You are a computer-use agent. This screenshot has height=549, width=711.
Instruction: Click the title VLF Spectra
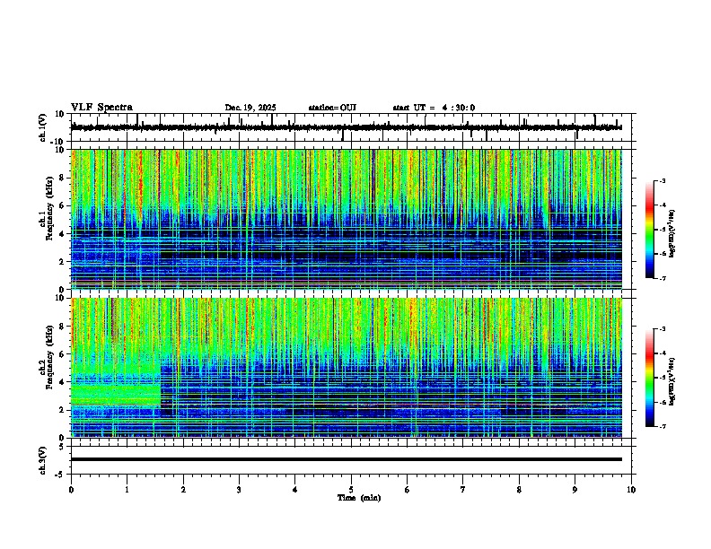101,107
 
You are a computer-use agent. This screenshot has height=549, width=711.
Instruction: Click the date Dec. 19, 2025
250,108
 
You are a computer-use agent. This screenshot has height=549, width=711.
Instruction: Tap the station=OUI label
332,108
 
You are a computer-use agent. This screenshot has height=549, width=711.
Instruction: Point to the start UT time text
434,108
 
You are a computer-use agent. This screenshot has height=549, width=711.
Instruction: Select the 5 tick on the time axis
352,490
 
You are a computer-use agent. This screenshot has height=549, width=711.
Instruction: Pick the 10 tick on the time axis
632,490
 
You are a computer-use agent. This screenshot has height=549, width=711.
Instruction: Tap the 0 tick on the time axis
71,490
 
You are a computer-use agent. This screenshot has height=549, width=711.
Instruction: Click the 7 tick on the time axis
463,490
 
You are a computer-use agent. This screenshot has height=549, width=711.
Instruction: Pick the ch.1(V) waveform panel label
43,128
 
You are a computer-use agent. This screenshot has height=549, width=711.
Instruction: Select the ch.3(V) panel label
43,458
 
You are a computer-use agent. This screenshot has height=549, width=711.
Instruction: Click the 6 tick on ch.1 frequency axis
61,205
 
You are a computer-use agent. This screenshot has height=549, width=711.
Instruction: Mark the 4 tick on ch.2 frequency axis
61,381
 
